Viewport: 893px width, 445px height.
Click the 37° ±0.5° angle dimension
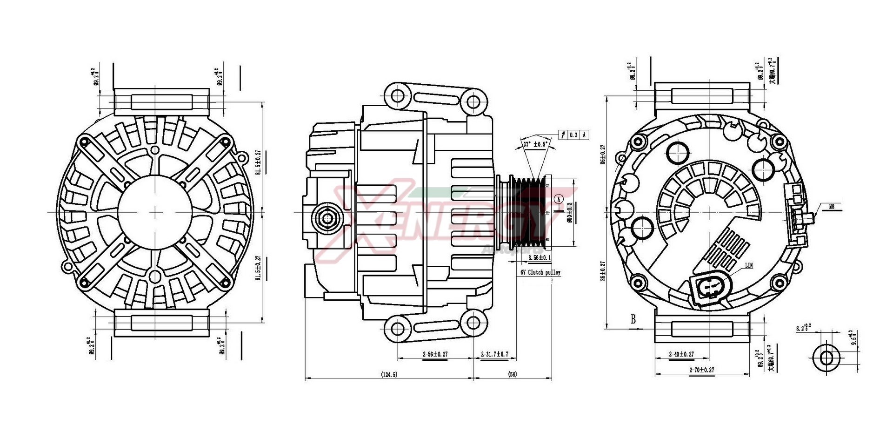point(535,144)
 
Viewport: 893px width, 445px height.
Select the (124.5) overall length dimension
point(389,374)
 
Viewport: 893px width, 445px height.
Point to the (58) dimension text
point(513,374)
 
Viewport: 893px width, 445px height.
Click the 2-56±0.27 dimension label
point(435,354)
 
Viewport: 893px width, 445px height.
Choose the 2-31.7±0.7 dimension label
point(494,354)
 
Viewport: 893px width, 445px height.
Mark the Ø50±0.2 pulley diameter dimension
point(570,212)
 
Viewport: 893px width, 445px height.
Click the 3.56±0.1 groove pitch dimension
point(540,257)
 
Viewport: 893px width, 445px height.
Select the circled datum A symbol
point(560,199)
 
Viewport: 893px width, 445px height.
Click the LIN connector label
point(749,266)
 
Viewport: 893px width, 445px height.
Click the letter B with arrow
point(633,319)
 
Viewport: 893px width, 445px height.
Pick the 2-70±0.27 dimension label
point(701,370)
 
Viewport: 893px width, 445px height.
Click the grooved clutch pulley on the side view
point(528,212)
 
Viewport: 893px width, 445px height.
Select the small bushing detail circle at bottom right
point(826,358)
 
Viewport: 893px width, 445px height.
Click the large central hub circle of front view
point(155,212)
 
